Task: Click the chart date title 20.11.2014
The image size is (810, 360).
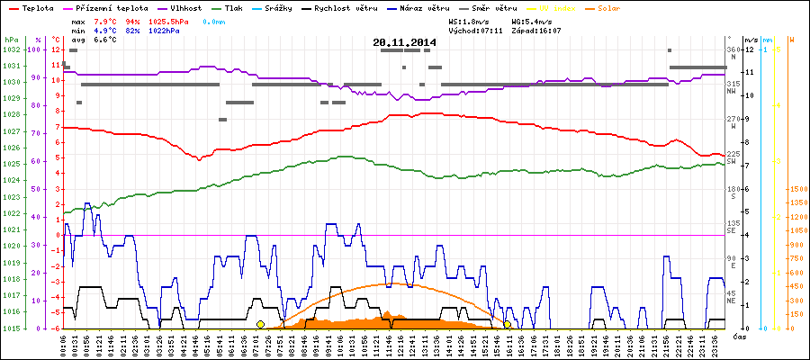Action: click(x=404, y=41)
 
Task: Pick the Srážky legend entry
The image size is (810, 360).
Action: click(x=279, y=7)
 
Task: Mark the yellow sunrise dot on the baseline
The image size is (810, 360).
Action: click(x=260, y=324)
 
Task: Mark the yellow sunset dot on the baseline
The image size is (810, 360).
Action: click(x=508, y=324)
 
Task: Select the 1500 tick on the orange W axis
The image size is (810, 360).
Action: click(x=796, y=190)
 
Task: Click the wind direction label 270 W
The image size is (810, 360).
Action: click(x=732, y=122)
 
